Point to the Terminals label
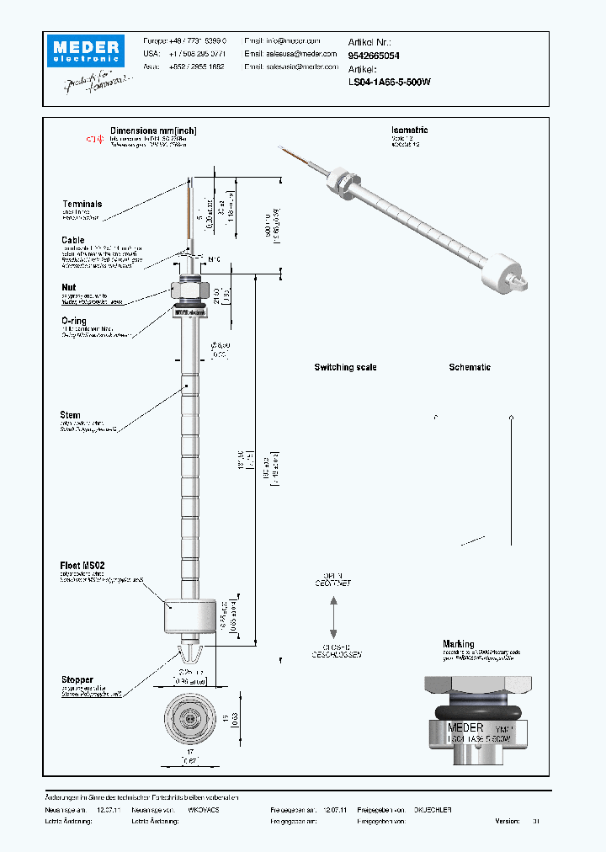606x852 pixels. (x=82, y=205)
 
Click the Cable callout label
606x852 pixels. (x=72, y=240)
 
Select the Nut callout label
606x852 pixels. (x=67, y=287)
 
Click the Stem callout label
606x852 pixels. (x=71, y=415)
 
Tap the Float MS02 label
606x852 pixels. (x=82, y=566)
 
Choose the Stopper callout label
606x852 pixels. (x=77, y=679)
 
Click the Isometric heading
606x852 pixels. (x=409, y=130)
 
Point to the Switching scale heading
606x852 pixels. (x=345, y=368)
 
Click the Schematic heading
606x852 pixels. (x=470, y=368)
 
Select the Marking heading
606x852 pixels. (x=459, y=644)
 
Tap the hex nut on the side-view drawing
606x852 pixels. (x=189, y=289)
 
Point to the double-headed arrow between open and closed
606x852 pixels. (x=334, y=617)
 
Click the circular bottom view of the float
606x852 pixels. (x=189, y=720)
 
